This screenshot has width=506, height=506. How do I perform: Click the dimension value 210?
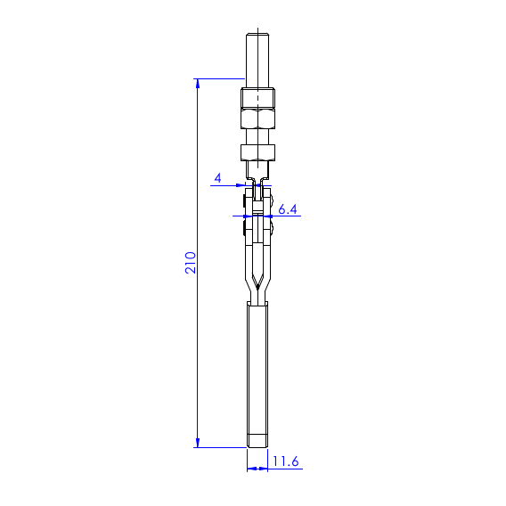[190, 263]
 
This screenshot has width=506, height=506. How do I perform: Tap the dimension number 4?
[218, 178]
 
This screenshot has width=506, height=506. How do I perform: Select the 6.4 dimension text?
[288, 209]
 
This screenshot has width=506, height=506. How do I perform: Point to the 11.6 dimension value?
[286, 461]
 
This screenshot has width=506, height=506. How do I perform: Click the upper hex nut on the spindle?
[257, 118]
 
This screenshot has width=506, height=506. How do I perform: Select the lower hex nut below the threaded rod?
[257, 152]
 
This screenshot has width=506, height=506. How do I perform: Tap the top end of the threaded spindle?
[257, 34]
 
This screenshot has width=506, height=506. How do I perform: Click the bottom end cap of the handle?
[257, 441]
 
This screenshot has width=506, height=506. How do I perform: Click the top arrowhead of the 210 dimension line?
[198, 83]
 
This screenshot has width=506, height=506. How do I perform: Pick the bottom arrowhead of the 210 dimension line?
[198, 443]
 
